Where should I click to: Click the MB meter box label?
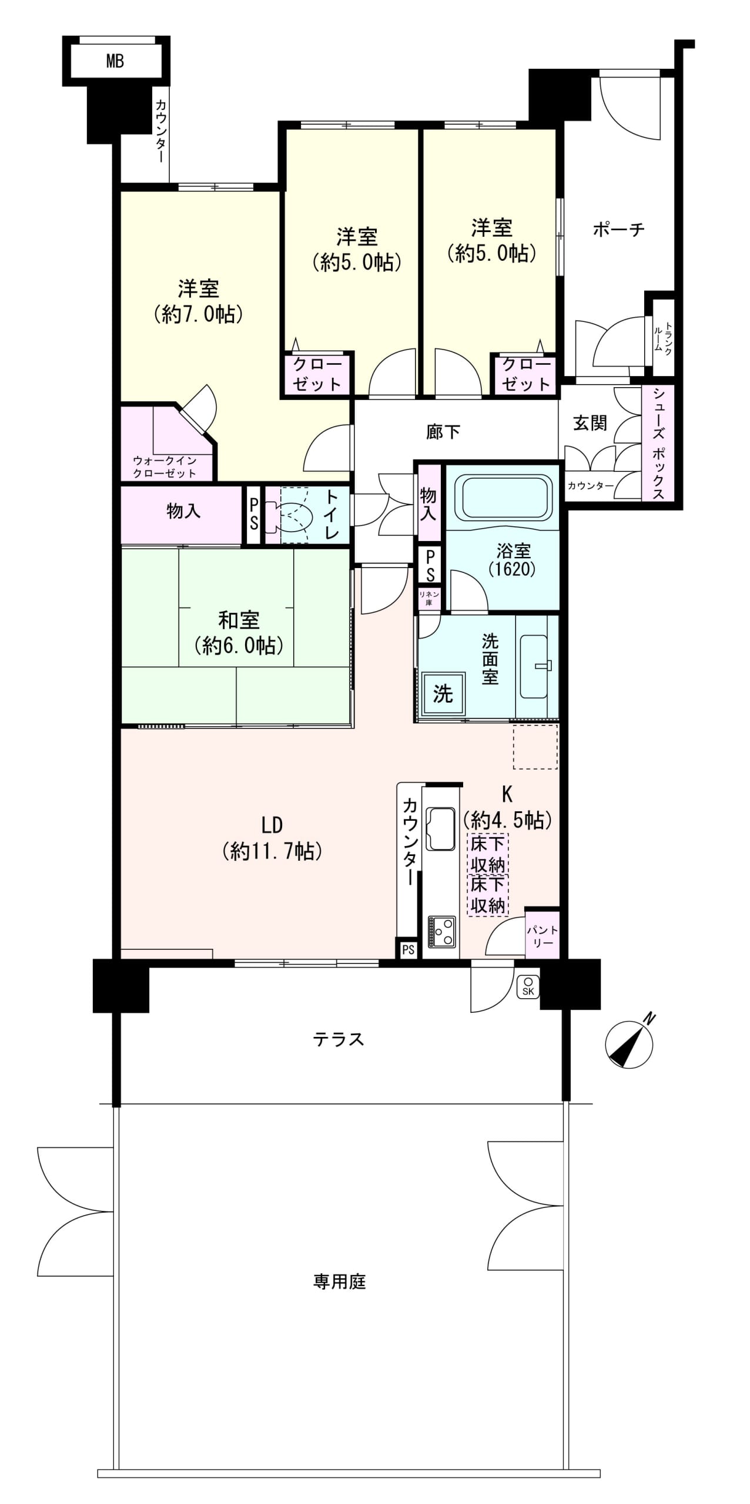115,61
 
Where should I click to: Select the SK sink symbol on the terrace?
528,986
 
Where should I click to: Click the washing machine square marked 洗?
443,693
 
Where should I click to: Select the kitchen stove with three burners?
441,932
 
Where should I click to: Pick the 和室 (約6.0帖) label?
239,632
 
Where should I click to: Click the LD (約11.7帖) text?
272,838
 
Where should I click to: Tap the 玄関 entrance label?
590,423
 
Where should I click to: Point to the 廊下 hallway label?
443,432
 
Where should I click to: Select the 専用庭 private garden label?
340,1281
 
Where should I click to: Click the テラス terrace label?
339,1039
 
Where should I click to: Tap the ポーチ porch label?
618,229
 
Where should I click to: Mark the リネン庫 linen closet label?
429,597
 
